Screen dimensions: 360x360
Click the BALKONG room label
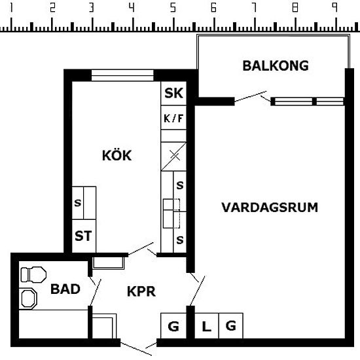click(x=276, y=65)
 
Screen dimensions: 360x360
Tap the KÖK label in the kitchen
click(x=117, y=155)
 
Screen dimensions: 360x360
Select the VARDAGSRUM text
click(x=270, y=207)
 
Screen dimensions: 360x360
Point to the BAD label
click(x=65, y=289)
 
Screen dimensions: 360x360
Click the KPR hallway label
click(x=141, y=291)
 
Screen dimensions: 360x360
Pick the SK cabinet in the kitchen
click(x=173, y=93)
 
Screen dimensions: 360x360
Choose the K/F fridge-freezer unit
click(x=173, y=118)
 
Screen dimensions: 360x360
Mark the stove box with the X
click(x=173, y=156)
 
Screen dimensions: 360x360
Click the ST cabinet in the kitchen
click(x=84, y=236)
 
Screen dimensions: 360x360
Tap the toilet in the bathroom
click(x=33, y=275)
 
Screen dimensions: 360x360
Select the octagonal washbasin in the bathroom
click(x=29, y=298)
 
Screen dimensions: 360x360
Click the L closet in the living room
click(x=207, y=326)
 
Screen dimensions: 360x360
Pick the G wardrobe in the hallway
click(x=173, y=326)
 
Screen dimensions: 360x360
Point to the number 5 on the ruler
click(x=173, y=8)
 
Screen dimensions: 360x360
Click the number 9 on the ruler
click(x=335, y=8)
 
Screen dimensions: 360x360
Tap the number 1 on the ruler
click(x=10, y=8)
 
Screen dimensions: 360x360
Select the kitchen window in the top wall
click(x=122, y=75)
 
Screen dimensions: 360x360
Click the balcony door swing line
click(x=251, y=96)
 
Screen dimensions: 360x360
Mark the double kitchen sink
click(x=171, y=214)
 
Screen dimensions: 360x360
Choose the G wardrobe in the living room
click(x=231, y=326)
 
